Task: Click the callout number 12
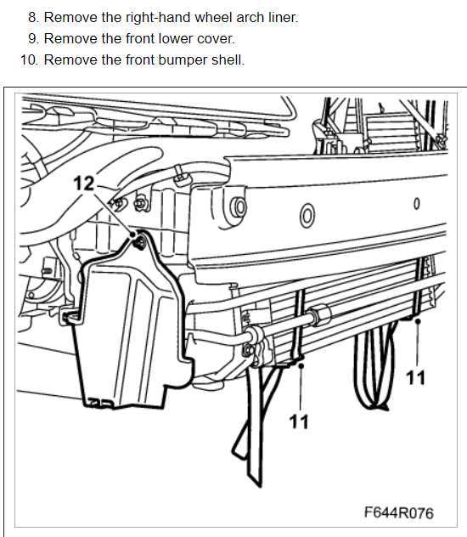(83, 184)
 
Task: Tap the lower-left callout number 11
(299, 421)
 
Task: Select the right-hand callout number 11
(415, 378)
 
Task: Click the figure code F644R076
(398, 512)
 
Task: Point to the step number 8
(33, 18)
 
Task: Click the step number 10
(30, 60)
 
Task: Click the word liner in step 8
(283, 18)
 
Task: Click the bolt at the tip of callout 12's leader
(140, 242)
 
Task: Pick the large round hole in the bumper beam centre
(307, 216)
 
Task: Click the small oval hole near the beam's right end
(416, 204)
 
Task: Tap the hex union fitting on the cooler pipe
(321, 314)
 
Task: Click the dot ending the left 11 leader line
(301, 366)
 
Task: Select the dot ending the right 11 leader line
(418, 321)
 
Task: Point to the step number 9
(33, 39)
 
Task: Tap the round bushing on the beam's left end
(239, 207)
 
